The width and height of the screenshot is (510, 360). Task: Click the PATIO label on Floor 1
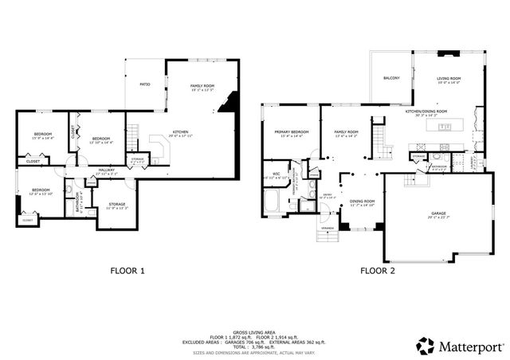click(x=145, y=84)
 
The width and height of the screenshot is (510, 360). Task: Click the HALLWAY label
click(x=107, y=169)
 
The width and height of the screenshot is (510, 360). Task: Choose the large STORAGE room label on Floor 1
click(x=116, y=205)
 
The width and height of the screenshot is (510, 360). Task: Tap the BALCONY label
click(x=390, y=78)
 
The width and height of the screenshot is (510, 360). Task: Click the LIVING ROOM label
click(x=448, y=78)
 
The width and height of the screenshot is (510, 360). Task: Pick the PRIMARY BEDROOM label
click(x=292, y=131)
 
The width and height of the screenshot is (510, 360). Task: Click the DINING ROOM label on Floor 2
click(x=363, y=201)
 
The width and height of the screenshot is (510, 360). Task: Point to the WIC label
click(x=276, y=173)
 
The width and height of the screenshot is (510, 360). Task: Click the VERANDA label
click(x=327, y=228)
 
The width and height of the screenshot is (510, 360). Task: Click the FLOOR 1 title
click(x=127, y=271)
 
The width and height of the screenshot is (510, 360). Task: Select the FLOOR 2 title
click(x=379, y=271)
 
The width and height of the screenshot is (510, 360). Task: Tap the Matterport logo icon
click(x=426, y=346)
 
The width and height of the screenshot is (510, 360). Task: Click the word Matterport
click(x=471, y=346)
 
